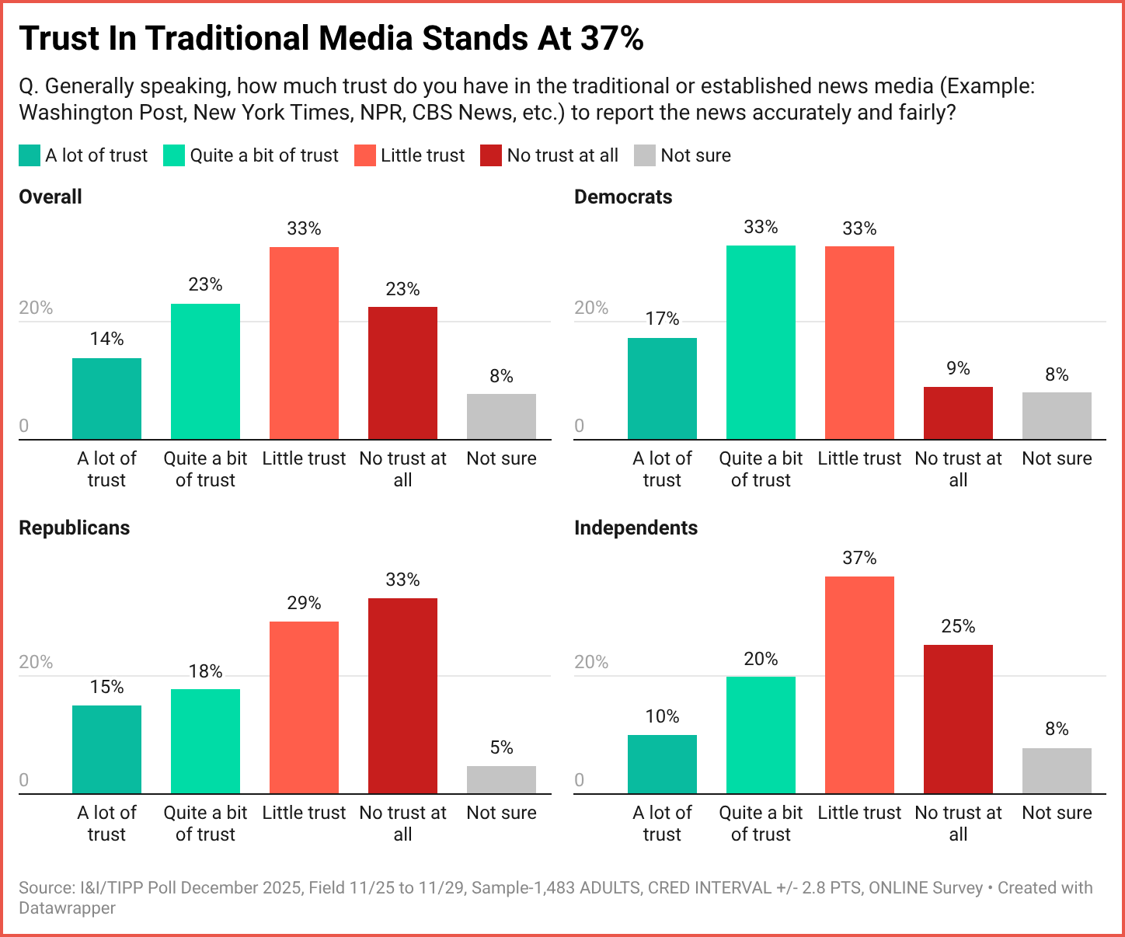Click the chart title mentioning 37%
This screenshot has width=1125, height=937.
click(x=331, y=39)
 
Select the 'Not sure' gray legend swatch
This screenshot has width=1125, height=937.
click(x=646, y=155)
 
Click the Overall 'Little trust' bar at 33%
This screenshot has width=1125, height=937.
click(x=304, y=343)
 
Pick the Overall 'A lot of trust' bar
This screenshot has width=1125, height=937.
click(x=106, y=399)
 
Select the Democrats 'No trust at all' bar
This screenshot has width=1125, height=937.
click(x=958, y=413)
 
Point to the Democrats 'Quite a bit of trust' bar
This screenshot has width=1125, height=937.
click(x=761, y=343)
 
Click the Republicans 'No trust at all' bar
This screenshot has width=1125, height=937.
click(x=402, y=696)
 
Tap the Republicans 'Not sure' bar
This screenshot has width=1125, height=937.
click(x=501, y=780)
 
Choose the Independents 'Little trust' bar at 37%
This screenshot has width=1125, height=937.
click(x=859, y=685)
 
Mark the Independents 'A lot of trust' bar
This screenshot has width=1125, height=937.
click(x=662, y=765)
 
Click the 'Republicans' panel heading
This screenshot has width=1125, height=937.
click(x=74, y=528)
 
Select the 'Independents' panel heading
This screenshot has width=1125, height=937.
click(x=636, y=528)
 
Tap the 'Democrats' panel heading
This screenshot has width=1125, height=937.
click(x=623, y=197)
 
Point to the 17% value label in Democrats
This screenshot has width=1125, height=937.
click(x=662, y=319)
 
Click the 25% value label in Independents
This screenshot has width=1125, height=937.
click(x=958, y=626)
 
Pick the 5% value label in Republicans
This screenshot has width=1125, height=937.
click(x=501, y=747)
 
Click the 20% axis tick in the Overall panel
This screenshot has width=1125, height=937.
click(x=36, y=308)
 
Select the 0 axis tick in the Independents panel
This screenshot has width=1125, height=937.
click(x=579, y=780)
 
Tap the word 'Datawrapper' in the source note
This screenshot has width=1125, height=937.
click(x=68, y=907)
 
